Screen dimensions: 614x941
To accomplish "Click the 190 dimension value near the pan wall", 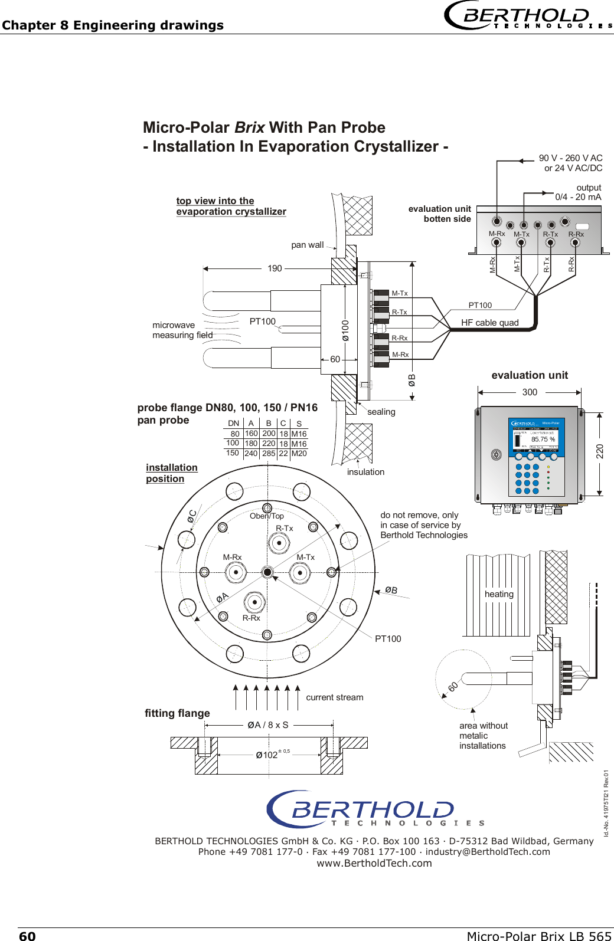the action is [275, 268].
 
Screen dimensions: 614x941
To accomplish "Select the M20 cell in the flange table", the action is [299, 454].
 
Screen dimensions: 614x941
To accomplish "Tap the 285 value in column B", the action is [269, 454].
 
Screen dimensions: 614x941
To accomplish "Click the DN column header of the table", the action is [234, 423].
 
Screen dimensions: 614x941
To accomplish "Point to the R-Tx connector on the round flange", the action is [279, 543].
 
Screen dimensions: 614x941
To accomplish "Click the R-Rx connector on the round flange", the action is [254, 602].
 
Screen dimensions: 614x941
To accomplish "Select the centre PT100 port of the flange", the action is [267, 572].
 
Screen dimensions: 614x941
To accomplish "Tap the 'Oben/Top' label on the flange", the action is [266, 516].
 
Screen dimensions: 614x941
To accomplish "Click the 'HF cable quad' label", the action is [489, 323].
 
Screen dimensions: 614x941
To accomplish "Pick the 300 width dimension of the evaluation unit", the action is [530, 392].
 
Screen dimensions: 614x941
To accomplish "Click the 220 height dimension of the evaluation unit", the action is [600, 452].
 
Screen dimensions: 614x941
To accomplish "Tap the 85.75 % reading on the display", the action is [543, 439].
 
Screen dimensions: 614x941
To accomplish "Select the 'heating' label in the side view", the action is [499, 594].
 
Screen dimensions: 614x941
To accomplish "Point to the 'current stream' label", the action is [334, 697].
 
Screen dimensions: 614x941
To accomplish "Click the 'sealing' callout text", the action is [381, 412].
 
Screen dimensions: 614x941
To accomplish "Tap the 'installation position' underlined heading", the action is [171, 473].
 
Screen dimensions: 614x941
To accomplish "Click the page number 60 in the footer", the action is [27, 936].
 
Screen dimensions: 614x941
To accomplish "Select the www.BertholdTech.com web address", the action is [374, 863].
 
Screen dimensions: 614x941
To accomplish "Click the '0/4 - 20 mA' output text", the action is [578, 197].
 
